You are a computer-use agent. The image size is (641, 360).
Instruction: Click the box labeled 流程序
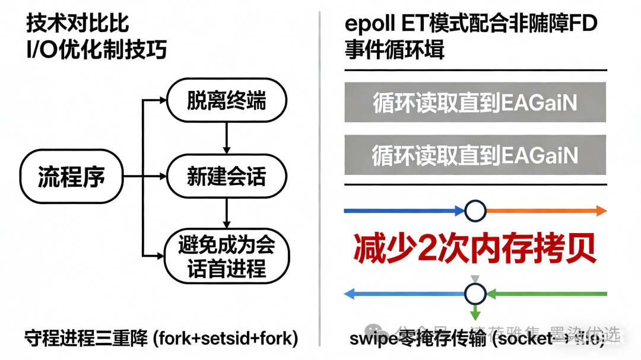pyautogui.click(x=71, y=176)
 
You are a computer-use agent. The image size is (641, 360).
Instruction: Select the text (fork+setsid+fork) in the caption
pyautogui.click(x=225, y=338)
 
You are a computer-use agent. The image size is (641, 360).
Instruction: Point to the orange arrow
pyautogui.click(x=546, y=211)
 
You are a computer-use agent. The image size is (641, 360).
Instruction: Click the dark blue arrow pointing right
pyautogui.click(x=404, y=211)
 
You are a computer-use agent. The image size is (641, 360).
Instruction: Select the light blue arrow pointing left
pyautogui.click(x=404, y=293)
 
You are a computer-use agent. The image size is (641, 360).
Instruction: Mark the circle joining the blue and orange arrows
pyautogui.click(x=475, y=211)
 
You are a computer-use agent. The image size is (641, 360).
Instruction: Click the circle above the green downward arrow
pyautogui.click(x=475, y=293)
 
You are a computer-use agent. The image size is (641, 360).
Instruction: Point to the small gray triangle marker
pyautogui.click(x=475, y=278)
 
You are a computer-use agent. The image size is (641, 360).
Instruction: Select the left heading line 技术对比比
pyautogui.click(x=77, y=24)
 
